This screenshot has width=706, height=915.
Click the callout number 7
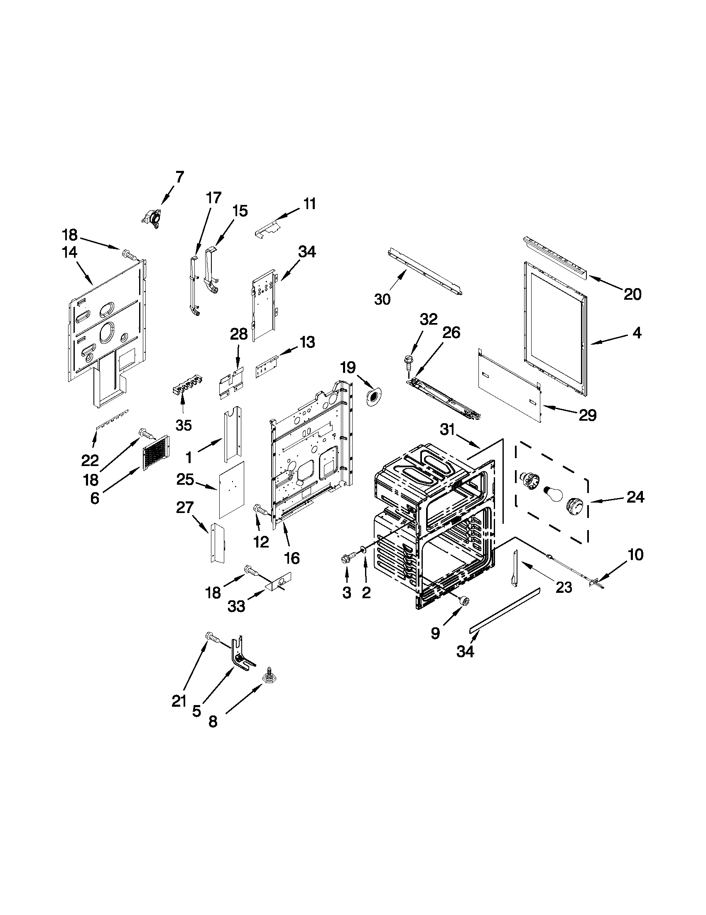(179, 177)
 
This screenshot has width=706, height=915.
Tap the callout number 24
(635, 497)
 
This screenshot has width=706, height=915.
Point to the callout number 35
(183, 425)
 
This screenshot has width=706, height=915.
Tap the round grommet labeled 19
(373, 396)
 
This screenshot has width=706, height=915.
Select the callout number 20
(632, 294)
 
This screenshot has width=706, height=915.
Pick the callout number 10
(635, 555)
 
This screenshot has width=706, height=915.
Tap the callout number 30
(382, 299)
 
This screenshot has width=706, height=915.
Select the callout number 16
(292, 557)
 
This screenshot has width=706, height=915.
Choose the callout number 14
(69, 252)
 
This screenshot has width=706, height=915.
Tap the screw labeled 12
(259, 511)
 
